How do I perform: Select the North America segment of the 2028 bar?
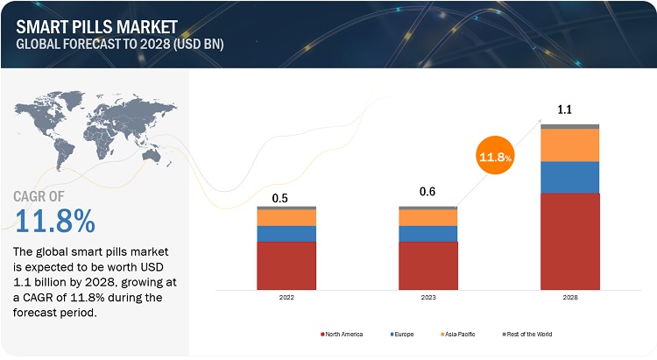click(x=569, y=241)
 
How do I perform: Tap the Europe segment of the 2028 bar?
click(x=569, y=177)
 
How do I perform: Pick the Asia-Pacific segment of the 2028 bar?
click(x=569, y=145)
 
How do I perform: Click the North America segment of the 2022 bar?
click(x=286, y=265)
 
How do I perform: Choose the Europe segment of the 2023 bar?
click(x=427, y=233)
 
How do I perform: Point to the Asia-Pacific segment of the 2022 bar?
click(x=286, y=217)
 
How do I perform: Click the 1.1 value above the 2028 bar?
click(x=566, y=109)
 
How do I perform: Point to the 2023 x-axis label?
click(x=427, y=298)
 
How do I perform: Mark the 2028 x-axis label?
click(x=569, y=298)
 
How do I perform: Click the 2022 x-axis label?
click(x=286, y=298)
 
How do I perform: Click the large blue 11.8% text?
click(x=54, y=222)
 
